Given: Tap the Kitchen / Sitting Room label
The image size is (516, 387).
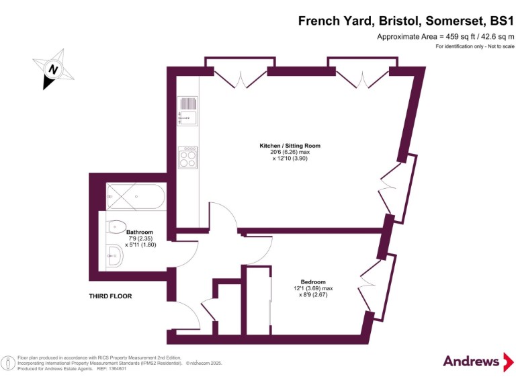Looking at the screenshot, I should [x=290, y=146].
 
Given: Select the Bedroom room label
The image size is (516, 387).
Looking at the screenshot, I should [x=312, y=282].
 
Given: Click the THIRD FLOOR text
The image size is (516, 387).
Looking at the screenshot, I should [x=110, y=296].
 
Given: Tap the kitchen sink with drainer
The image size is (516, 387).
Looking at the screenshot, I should [x=187, y=111].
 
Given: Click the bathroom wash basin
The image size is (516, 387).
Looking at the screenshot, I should [x=115, y=254].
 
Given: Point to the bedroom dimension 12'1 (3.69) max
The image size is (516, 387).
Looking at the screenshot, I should [x=312, y=288].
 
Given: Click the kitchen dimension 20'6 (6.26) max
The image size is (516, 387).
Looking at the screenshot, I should [x=290, y=153].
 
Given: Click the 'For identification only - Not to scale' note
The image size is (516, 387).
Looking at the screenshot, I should [x=474, y=46].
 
